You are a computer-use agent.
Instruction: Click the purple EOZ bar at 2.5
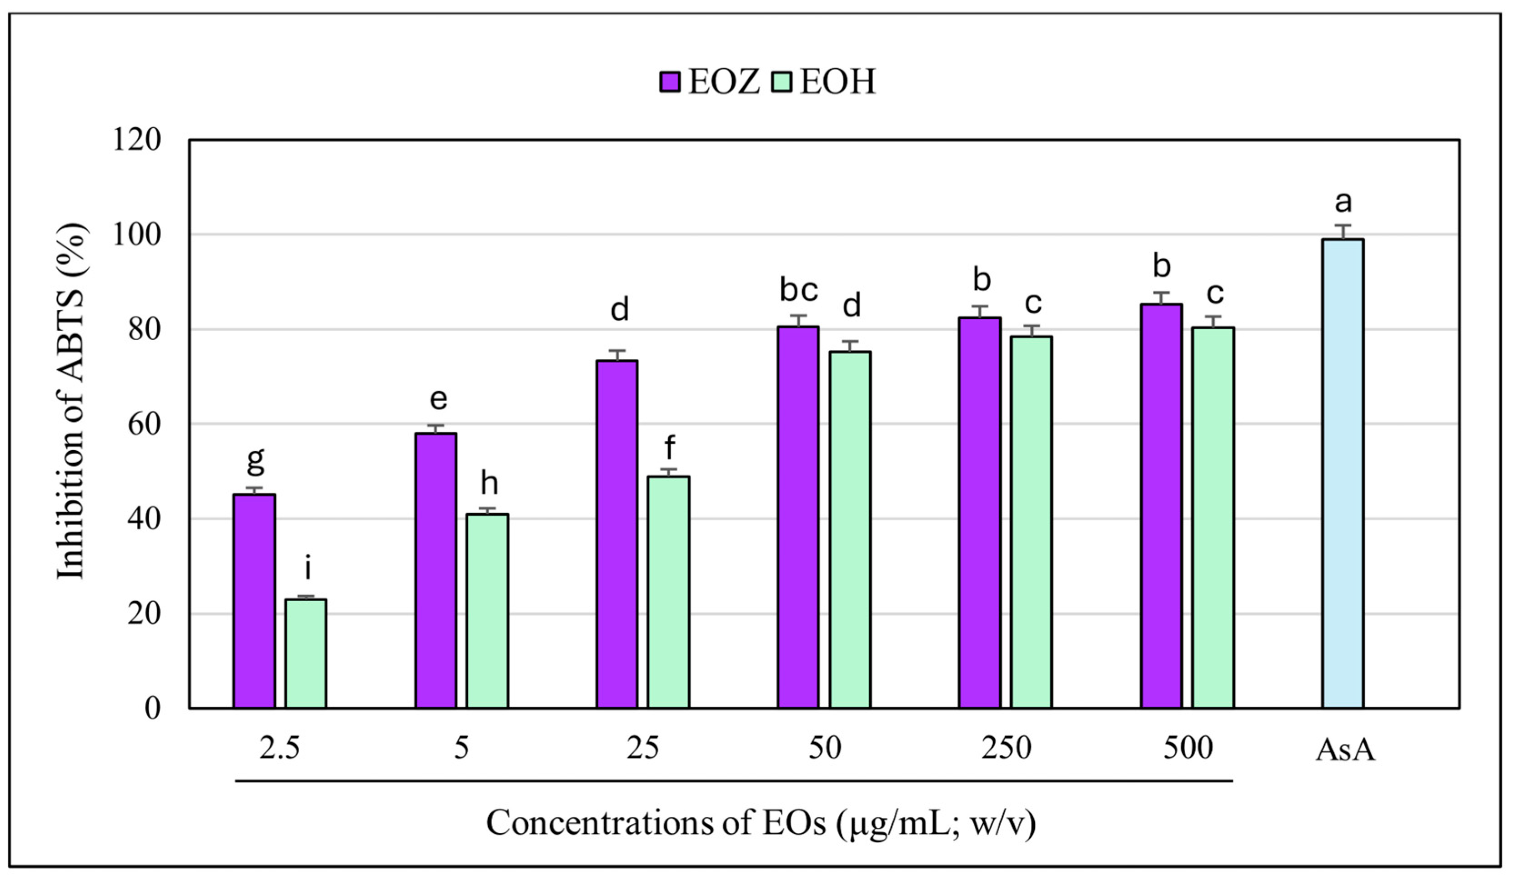pos(254,600)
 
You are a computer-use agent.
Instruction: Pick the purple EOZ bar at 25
pos(616,534)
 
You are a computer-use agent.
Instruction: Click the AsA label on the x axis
pos(1345,750)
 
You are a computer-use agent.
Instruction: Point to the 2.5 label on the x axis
pos(279,748)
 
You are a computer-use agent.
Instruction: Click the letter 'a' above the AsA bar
pos(1343,202)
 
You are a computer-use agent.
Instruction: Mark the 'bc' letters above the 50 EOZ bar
pos(798,291)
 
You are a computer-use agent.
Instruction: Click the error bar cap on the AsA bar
pos(1343,225)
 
